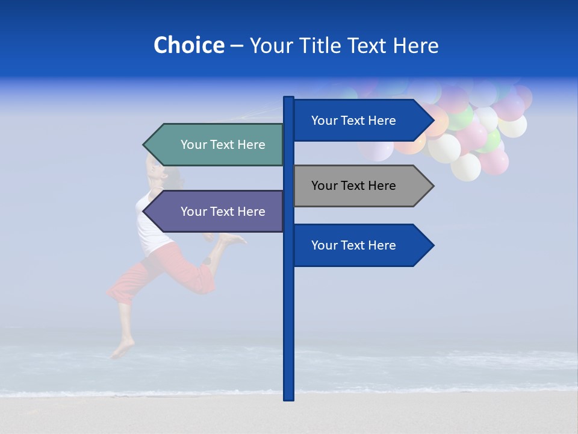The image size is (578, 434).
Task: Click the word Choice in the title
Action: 188,46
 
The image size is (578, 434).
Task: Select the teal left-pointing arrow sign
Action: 217,145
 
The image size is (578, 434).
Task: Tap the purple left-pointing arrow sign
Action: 217,212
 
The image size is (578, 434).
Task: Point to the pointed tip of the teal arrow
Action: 144,145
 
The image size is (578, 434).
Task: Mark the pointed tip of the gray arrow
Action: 432,186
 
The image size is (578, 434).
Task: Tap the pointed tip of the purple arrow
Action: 144,212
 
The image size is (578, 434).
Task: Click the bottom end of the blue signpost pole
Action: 288,398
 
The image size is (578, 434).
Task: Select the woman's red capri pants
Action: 163,271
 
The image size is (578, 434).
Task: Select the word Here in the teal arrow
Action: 251,145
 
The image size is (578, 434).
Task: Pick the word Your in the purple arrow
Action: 193,212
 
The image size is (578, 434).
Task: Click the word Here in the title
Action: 415,46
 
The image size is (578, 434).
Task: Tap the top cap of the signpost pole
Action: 288,98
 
